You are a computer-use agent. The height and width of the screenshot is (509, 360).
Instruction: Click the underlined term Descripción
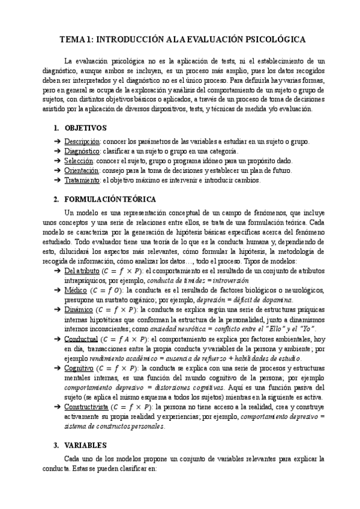tap(82, 142)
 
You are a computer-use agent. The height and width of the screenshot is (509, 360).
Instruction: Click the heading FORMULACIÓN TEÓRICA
tap(110, 199)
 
